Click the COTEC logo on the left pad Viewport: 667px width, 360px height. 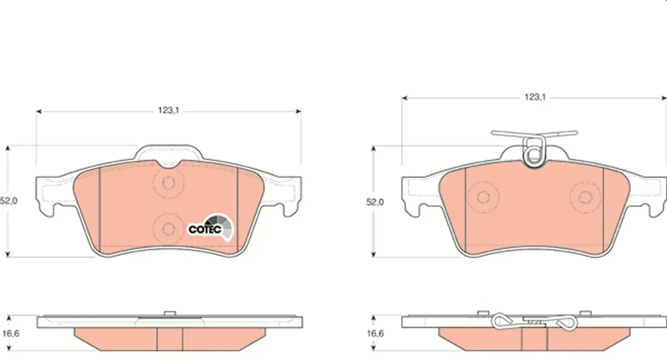coord(211,228)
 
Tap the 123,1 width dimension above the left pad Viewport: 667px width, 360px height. coord(168,111)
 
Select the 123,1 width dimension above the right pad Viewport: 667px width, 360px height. coord(535,97)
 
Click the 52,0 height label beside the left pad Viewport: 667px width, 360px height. coord(9,201)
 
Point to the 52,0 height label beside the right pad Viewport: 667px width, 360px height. coord(375,202)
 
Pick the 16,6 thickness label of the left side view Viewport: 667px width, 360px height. coord(11,333)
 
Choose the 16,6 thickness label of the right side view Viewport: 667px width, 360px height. coord(375,333)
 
